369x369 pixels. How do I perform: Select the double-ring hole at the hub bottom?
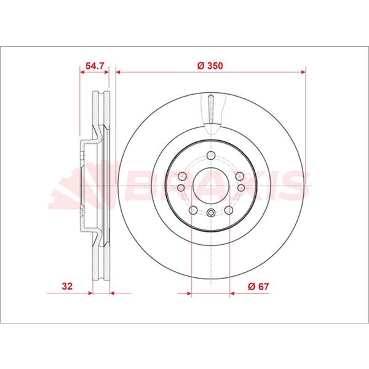211,213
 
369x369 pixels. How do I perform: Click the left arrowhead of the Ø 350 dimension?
120,72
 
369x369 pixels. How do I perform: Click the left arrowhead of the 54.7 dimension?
83,72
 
